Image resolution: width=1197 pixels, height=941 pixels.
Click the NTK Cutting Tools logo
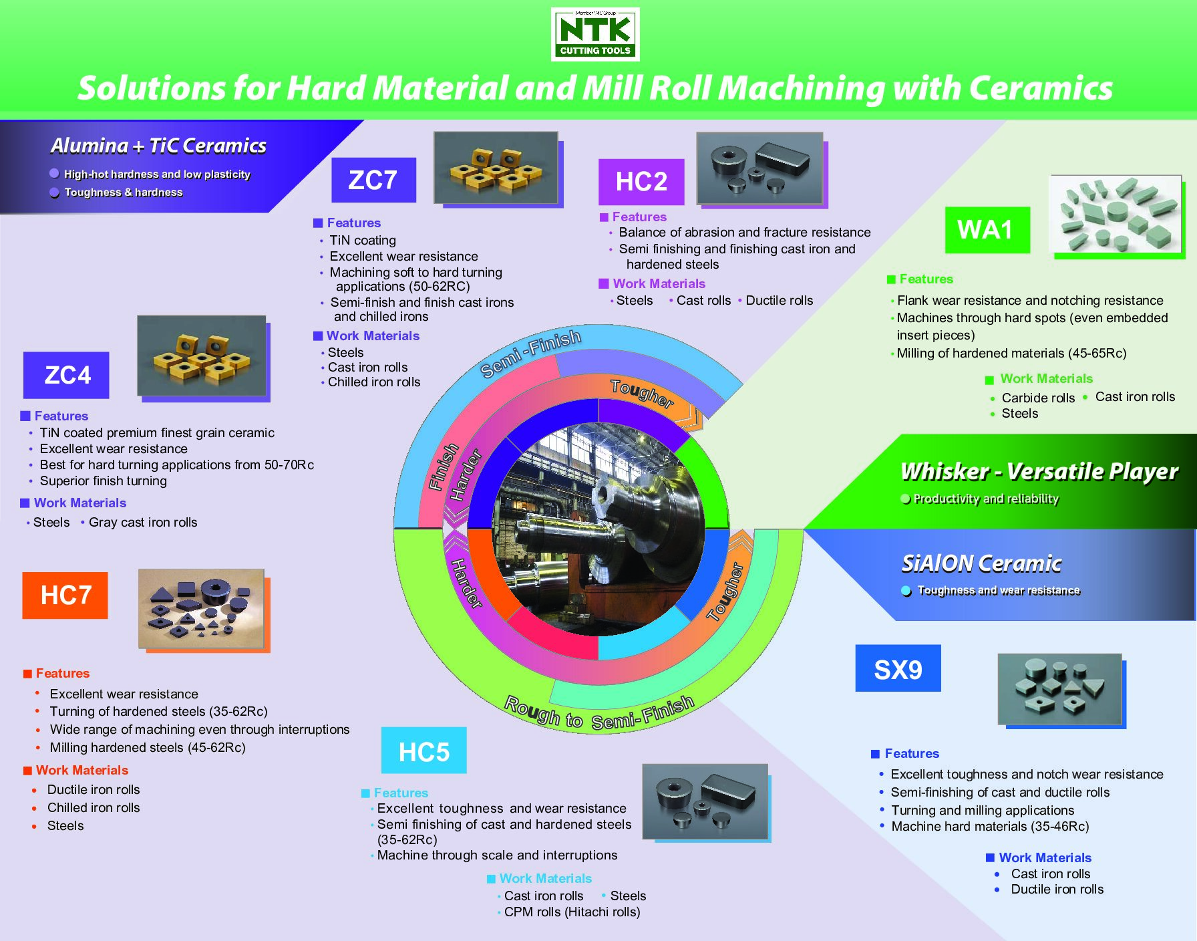[595, 34]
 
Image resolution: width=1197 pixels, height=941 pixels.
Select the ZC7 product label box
[373, 180]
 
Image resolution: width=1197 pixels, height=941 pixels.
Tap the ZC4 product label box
[66, 375]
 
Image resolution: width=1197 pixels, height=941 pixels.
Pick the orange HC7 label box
[65, 595]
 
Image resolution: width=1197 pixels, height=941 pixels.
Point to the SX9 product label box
[898, 668]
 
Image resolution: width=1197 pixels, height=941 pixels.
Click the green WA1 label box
[987, 230]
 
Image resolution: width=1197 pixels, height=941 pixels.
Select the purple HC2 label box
[641, 182]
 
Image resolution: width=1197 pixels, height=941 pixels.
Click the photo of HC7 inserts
[201, 608]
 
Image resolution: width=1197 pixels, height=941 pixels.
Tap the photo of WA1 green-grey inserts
[1116, 214]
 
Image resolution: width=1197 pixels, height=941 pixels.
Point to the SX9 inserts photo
[1059, 689]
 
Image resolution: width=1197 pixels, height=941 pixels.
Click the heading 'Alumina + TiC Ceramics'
[159, 146]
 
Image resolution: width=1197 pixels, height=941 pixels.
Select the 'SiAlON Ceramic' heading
[981, 563]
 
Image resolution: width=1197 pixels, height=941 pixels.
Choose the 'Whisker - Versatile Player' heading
[1039, 471]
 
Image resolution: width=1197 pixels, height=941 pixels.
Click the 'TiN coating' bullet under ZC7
[363, 240]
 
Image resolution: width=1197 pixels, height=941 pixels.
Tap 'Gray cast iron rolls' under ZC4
[143, 522]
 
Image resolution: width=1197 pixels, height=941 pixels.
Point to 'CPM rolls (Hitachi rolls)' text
[572, 912]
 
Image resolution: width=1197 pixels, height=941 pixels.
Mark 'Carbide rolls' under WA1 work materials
[1038, 398]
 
